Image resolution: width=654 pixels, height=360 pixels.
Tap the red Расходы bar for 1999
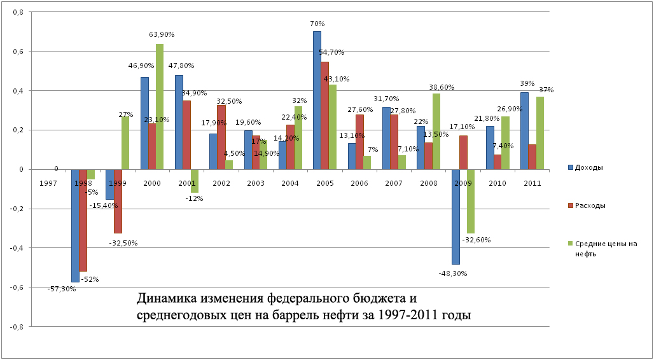[x=118, y=201]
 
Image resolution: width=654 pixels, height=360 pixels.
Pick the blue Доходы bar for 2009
[x=456, y=216]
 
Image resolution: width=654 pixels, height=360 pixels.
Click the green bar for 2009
[x=471, y=201]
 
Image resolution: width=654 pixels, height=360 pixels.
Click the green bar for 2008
[x=436, y=131]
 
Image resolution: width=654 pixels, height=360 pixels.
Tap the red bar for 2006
[x=359, y=142]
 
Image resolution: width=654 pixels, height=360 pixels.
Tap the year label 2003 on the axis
[x=256, y=183]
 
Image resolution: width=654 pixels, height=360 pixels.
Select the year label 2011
[x=532, y=183]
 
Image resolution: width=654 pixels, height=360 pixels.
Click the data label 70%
[x=316, y=25]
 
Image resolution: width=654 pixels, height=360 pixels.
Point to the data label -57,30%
[x=62, y=289]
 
